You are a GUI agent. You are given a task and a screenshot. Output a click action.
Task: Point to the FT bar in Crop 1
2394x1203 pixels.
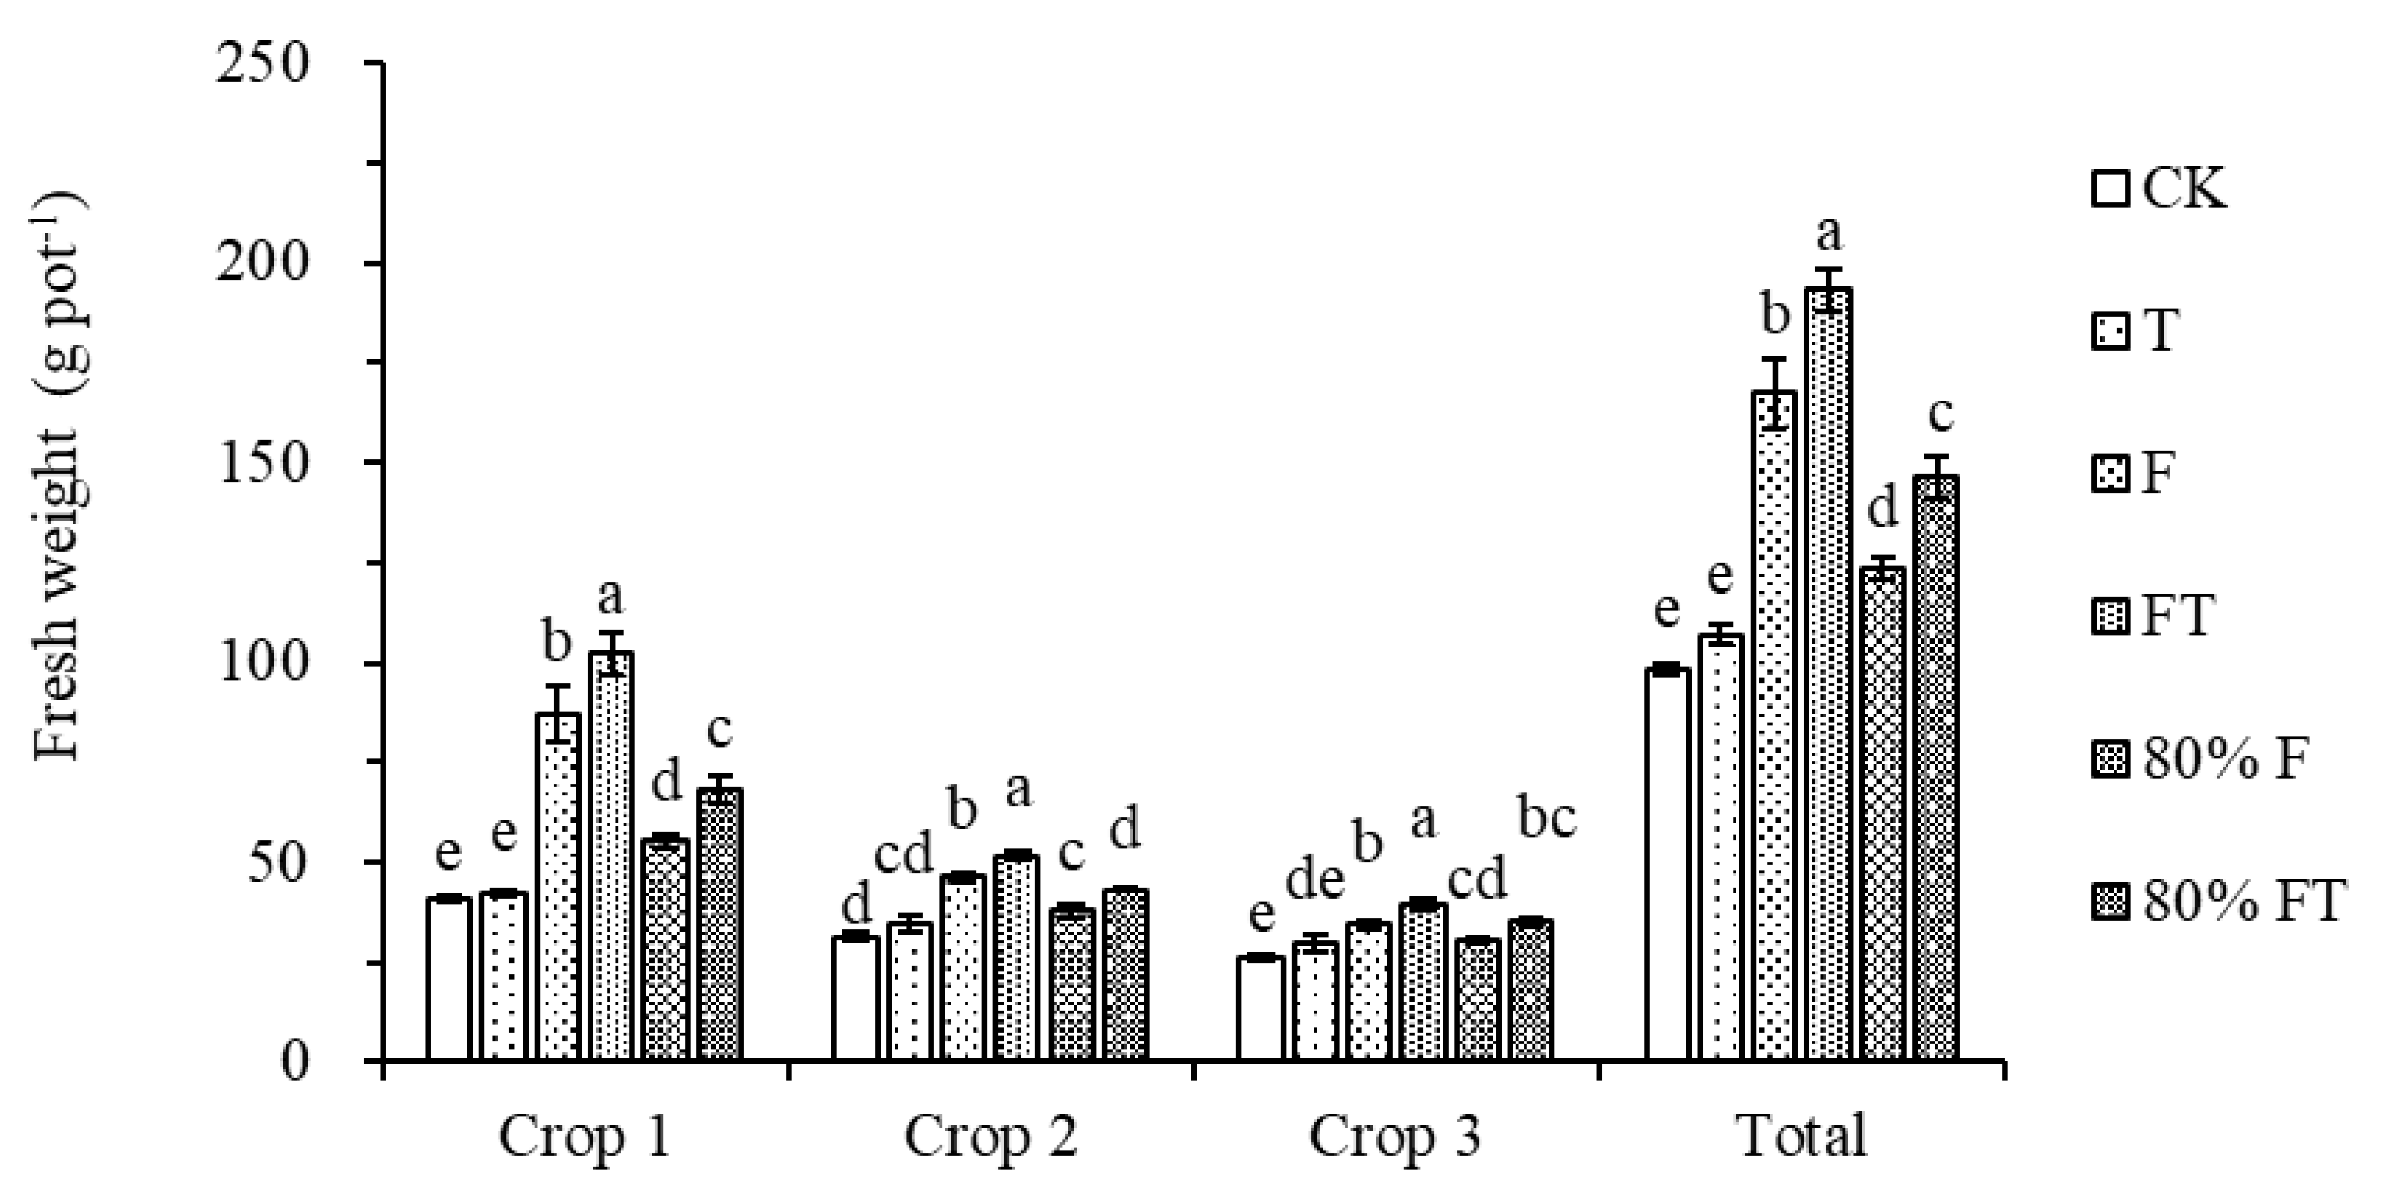tap(611, 855)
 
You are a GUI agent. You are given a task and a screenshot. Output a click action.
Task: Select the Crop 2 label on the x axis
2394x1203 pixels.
tap(991, 1137)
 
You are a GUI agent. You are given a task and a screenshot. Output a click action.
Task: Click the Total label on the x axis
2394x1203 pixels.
tap(1802, 1137)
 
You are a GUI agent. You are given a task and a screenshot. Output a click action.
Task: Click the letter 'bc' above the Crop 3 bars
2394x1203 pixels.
tap(1546, 818)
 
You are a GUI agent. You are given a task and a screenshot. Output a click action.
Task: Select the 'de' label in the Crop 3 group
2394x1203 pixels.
tap(1315, 879)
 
